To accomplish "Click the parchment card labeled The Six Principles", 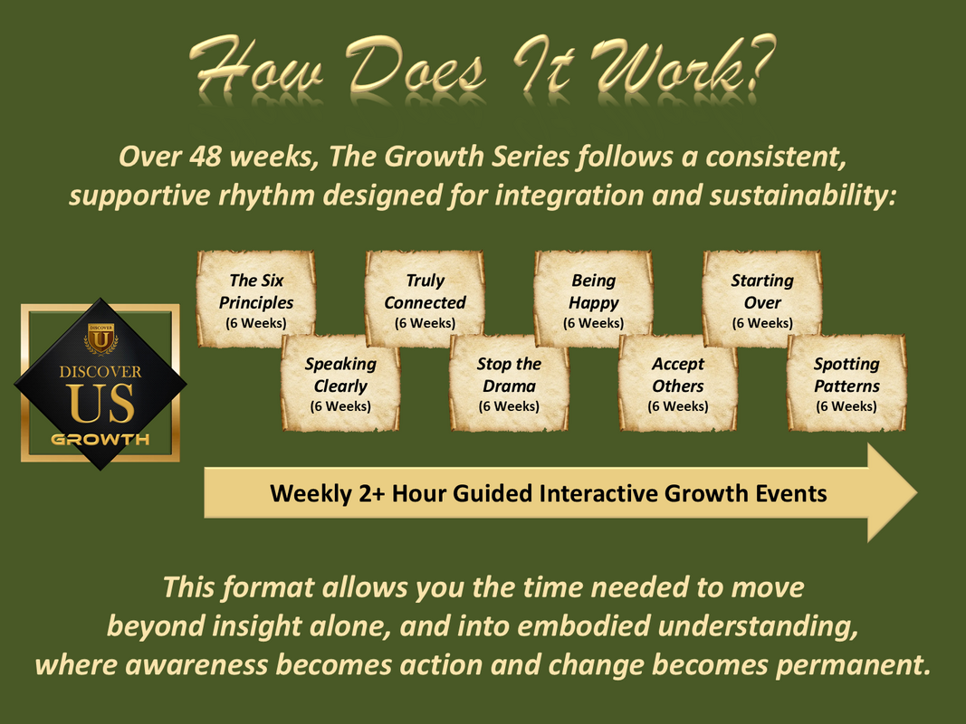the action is tap(255, 299).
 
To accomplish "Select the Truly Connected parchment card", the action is tap(425, 299).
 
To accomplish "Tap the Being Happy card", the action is tap(593, 299).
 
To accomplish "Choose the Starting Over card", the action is tap(762, 299).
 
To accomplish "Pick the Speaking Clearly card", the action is tap(340, 383).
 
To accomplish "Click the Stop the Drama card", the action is tap(509, 383).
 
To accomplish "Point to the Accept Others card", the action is tap(678, 383).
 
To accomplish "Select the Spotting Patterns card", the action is tap(846, 383).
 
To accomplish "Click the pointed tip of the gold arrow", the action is tap(917, 492).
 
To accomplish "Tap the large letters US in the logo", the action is tap(101, 404).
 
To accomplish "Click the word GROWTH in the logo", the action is tap(100, 440).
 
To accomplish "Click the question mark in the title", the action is tap(758, 64).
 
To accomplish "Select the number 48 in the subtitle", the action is tap(205, 157).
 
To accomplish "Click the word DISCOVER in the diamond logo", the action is tap(100, 372).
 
